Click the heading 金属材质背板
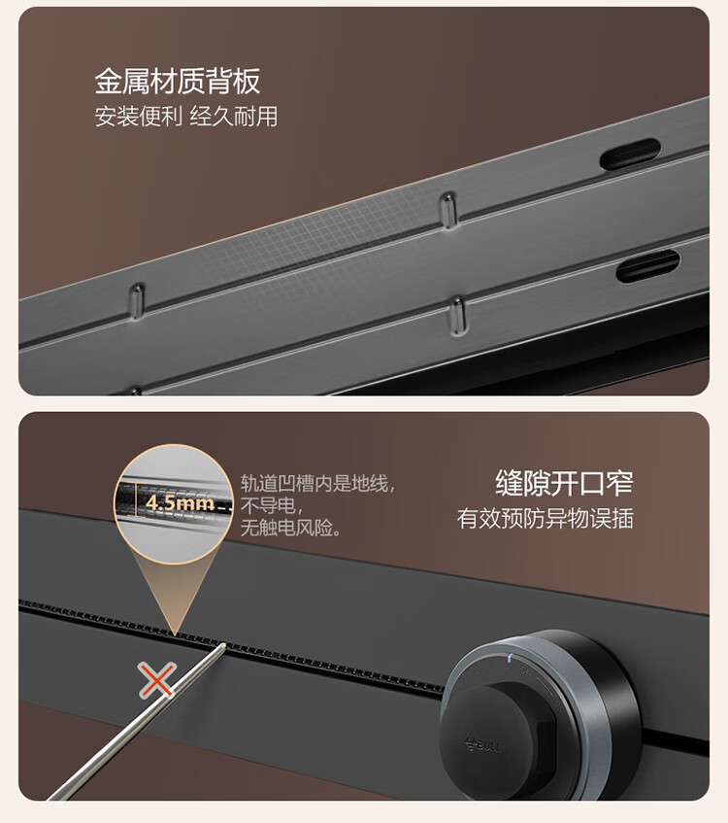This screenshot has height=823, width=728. tap(178, 82)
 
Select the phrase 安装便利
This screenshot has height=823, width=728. tap(139, 116)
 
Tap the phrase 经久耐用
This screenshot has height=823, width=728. tap(234, 116)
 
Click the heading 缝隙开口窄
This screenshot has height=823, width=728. tap(564, 483)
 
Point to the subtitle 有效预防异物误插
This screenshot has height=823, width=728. tap(545, 518)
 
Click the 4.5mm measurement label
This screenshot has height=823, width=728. tap(181, 503)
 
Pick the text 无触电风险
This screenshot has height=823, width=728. tap(290, 528)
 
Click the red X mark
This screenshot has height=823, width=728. tap(157, 680)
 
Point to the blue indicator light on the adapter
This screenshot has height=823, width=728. tap(509, 657)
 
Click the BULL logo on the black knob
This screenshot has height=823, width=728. tap(482, 743)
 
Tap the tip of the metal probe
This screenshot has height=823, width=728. tap(223, 645)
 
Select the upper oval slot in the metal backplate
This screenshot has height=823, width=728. tap(630, 154)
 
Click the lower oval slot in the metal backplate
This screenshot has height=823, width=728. tap(647, 265)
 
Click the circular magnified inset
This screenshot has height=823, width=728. tap(174, 504)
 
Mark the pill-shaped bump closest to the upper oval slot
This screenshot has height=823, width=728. tap(447, 210)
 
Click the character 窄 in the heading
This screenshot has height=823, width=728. tap(620, 483)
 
